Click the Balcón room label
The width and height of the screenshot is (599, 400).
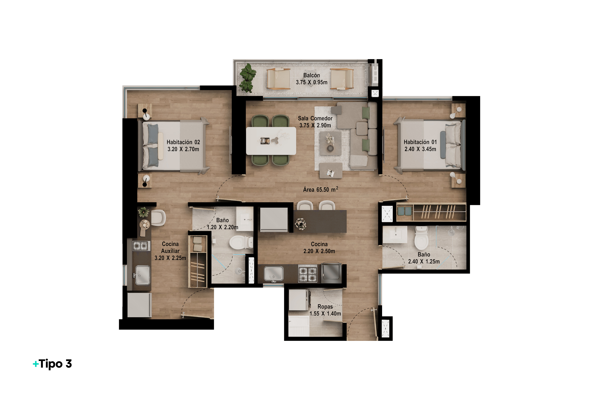click(311, 75)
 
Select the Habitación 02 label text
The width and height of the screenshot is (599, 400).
click(183, 142)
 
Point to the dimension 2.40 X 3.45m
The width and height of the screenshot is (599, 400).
click(420, 149)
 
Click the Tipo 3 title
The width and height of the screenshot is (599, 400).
click(53, 364)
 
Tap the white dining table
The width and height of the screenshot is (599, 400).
click(271, 141)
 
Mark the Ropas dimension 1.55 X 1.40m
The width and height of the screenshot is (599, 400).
click(325, 313)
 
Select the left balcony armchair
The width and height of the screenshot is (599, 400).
click(278, 79)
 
